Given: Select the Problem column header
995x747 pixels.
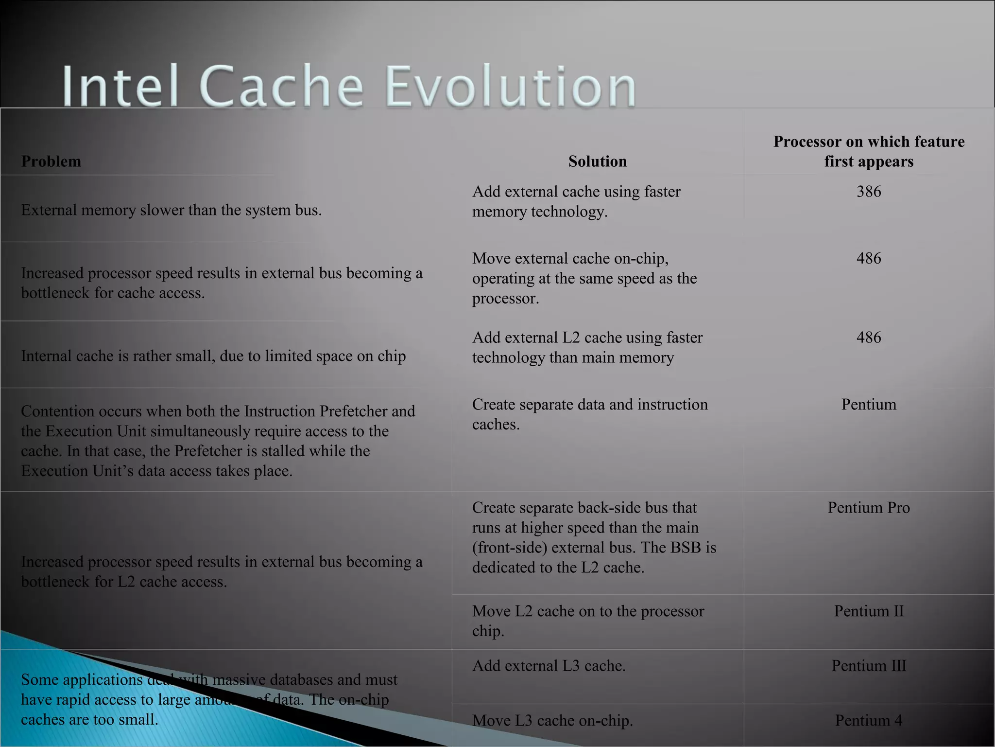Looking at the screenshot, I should tap(51, 161).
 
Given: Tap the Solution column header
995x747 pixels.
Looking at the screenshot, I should tap(597, 161).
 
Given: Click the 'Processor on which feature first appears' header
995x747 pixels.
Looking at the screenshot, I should tap(869, 151).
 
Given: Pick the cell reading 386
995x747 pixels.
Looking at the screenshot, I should tap(869, 192).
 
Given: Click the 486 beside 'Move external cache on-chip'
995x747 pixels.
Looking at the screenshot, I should tap(869, 258).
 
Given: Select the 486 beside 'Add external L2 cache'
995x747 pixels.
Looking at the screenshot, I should tap(869, 338).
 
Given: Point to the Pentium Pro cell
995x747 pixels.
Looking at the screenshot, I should tap(869, 508).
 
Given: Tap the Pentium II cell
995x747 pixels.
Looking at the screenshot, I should tap(869, 611).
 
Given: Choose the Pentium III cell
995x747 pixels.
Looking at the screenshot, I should tap(869, 666).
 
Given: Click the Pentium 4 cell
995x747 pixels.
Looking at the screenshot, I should tap(869, 720).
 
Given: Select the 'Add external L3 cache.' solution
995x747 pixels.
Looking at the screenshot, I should tap(549, 666).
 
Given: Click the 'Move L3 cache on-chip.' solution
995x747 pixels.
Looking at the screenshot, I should tap(552, 720).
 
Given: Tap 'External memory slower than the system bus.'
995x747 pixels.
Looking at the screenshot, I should tap(171, 210).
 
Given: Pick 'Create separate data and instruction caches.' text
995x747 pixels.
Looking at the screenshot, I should tap(589, 414).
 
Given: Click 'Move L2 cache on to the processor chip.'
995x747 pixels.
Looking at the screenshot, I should tap(588, 621).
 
